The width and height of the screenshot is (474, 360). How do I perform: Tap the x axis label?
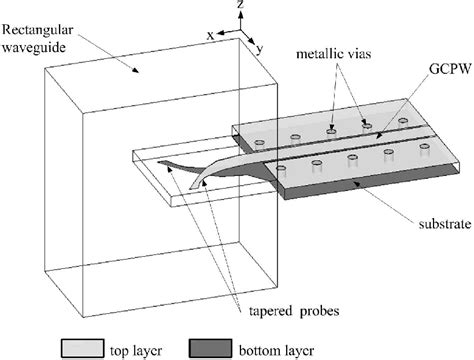pyautogui.click(x=209, y=34)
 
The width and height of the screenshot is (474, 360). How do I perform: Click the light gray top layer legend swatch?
pyautogui.click(x=87, y=348)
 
